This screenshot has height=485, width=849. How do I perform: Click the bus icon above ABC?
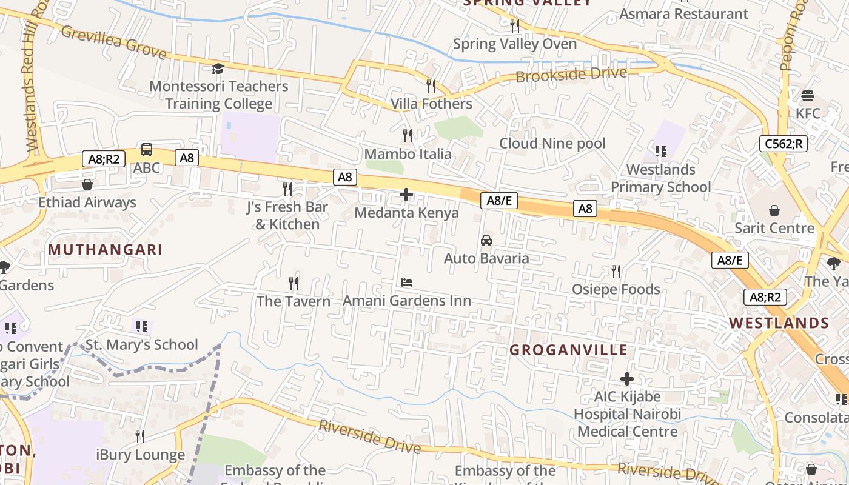point(147,150)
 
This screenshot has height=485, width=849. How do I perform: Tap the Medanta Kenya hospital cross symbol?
point(406,195)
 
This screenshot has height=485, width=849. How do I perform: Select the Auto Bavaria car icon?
point(486,241)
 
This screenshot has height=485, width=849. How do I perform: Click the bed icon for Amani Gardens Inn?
point(407,283)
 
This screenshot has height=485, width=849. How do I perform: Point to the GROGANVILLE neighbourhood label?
point(568,350)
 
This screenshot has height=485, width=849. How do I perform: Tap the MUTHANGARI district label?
point(105,249)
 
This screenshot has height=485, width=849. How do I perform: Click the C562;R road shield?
point(784,144)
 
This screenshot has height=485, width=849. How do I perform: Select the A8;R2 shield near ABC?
point(104,159)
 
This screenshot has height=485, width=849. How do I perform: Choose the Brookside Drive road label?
point(571,75)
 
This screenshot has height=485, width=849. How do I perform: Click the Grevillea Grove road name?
point(113,42)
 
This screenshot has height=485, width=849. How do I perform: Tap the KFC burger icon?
point(808,96)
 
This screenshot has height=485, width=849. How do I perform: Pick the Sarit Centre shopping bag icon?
point(774,210)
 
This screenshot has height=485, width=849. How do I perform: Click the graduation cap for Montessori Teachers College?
point(218,69)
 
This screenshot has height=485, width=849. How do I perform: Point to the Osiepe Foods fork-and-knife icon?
point(616,271)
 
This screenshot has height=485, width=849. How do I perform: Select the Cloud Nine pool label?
point(552,143)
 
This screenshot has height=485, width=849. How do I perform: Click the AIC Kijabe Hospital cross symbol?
point(627,379)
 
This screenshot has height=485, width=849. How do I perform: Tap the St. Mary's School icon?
point(142,327)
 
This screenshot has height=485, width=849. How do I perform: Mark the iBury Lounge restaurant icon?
point(140,436)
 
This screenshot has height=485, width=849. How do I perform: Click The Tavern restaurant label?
point(294,301)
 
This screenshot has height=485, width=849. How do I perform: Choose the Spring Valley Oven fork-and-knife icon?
point(515,25)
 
